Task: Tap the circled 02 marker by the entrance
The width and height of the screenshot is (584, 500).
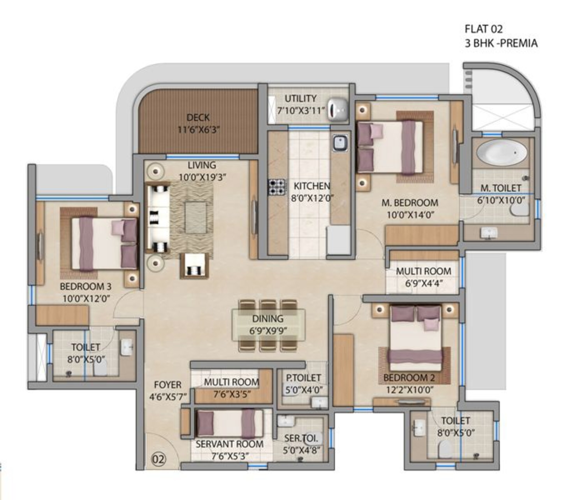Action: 159,460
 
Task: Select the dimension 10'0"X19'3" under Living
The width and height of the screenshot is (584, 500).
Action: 202,178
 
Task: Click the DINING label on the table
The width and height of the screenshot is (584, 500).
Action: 268,319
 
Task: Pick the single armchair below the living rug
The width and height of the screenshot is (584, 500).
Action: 195,266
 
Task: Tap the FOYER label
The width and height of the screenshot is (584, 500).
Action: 168,385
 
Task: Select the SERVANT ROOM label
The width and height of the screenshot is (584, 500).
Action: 230,444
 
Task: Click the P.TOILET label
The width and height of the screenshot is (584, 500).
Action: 303,378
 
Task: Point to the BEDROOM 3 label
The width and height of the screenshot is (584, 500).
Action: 86,287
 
